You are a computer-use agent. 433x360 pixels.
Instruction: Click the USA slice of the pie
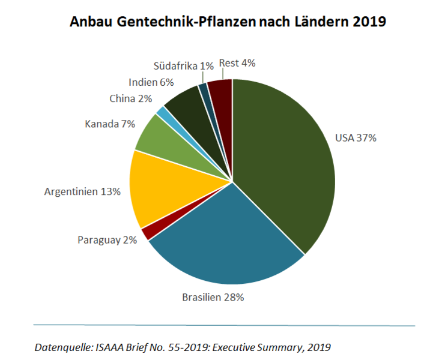pos(282,162)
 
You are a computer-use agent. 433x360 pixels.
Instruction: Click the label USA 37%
pos(356,138)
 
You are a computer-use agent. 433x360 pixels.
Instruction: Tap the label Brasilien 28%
pos(213,298)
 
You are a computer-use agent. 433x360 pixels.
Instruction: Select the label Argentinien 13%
pos(83,192)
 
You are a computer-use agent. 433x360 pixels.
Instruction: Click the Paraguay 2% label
pos(107,240)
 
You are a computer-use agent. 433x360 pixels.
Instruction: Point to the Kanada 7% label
pos(110,124)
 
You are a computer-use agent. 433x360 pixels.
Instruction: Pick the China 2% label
pos(130,98)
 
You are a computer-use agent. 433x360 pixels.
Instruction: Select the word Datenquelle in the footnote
pos(62,347)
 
